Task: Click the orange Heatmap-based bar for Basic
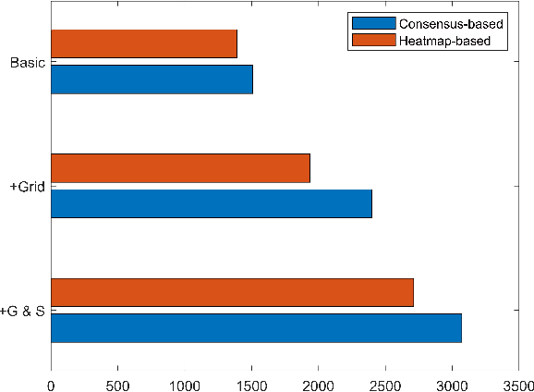point(143,44)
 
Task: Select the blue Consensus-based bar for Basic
point(152,80)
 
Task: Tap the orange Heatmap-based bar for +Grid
point(180,168)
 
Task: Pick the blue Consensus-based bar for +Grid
point(211,203)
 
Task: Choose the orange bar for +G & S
point(232,292)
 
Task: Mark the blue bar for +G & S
point(256,328)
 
